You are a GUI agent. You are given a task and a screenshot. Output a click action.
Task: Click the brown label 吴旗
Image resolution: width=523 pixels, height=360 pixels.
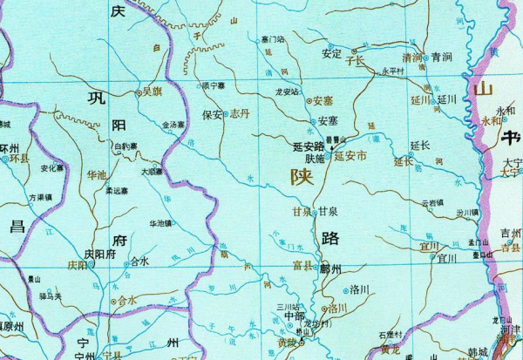153,90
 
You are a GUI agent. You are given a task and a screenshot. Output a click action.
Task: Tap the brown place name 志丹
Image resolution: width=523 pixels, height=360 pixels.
240,114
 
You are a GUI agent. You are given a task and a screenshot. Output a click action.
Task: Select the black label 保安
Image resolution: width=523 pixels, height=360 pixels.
212,114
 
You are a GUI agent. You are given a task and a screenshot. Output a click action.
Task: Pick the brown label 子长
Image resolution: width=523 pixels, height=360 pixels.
355,61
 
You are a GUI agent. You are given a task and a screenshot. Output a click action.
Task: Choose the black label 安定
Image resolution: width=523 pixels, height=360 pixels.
331,53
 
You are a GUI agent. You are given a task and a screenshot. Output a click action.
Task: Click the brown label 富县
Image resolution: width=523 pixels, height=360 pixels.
302,265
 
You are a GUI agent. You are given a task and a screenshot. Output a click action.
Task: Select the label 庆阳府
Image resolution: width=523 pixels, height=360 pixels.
99,255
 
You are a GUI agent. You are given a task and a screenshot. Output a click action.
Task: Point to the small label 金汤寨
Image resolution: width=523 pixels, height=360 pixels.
173,126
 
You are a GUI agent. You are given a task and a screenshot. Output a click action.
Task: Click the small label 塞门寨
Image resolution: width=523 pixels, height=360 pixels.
273,39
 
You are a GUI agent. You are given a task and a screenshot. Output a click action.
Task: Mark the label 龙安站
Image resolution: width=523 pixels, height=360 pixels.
287,91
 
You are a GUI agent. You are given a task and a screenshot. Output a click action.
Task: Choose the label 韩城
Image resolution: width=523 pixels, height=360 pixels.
476,352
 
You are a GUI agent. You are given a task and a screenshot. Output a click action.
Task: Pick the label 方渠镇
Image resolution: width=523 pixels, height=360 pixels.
39,198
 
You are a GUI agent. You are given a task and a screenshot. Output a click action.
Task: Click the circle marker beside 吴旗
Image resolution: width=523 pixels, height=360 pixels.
139,91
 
